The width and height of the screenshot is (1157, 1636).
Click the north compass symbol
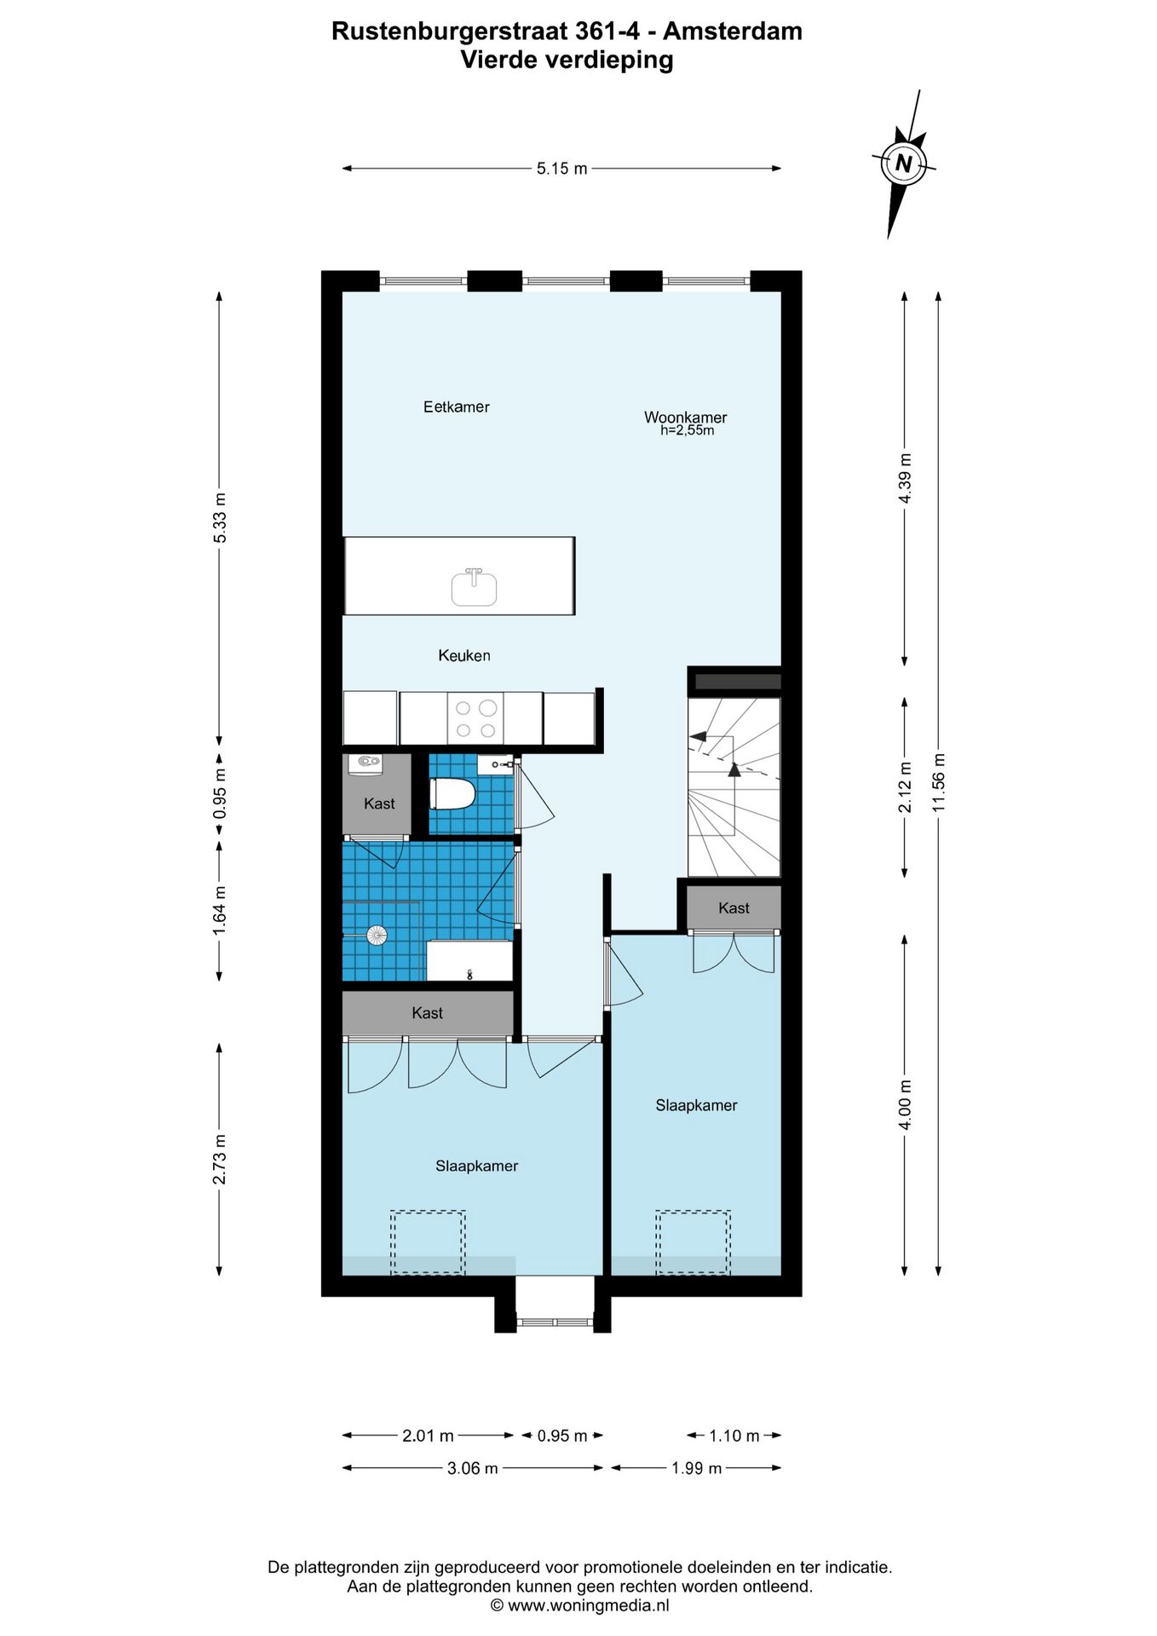pyautogui.click(x=903, y=163)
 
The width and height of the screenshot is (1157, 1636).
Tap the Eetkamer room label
pyautogui.click(x=457, y=407)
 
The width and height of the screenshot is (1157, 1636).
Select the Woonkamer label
pyautogui.click(x=686, y=418)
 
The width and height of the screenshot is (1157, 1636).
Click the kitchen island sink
pyautogui.click(x=474, y=587)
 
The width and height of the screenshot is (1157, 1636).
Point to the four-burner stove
pyautogui.click(x=475, y=718)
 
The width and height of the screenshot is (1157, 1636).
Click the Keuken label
pyautogui.click(x=464, y=655)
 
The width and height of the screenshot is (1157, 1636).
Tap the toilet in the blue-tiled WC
pyautogui.click(x=452, y=794)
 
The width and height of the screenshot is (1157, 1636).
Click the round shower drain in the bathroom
pyautogui.click(x=377, y=936)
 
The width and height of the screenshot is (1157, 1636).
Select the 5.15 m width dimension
pyautogui.click(x=561, y=169)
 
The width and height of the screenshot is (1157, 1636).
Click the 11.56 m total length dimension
pyautogui.click(x=938, y=783)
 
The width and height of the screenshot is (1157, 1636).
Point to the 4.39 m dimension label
pyautogui.click(x=905, y=478)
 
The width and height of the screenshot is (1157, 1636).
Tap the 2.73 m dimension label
pyautogui.click(x=219, y=1159)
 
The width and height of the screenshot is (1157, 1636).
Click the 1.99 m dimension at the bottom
pyautogui.click(x=696, y=1467)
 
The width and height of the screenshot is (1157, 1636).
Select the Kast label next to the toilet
pyautogui.click(x=379, y=804)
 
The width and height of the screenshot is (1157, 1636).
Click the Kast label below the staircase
pyautogui.click(x=734, y=908)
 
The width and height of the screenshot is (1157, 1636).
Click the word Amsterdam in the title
pyautogui.click(x=733, y=32)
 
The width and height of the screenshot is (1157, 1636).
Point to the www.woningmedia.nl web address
pyautogui.click(x=589, y=1605)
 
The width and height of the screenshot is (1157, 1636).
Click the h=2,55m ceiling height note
pyautogui.click(x=687, y=431)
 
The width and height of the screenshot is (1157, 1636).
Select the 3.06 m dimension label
pyautogui.click(x=473, y=1468)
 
